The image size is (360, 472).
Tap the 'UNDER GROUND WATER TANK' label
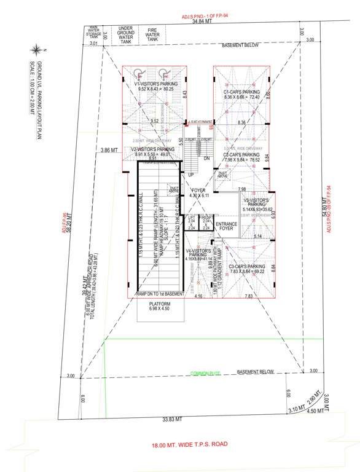[126, 34]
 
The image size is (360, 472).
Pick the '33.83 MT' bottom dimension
[173, 419]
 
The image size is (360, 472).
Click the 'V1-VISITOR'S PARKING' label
[156, 84]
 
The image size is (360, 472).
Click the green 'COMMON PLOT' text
[205, 372]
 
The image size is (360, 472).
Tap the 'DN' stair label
[206, 157]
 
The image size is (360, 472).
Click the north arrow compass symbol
[38, 49]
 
